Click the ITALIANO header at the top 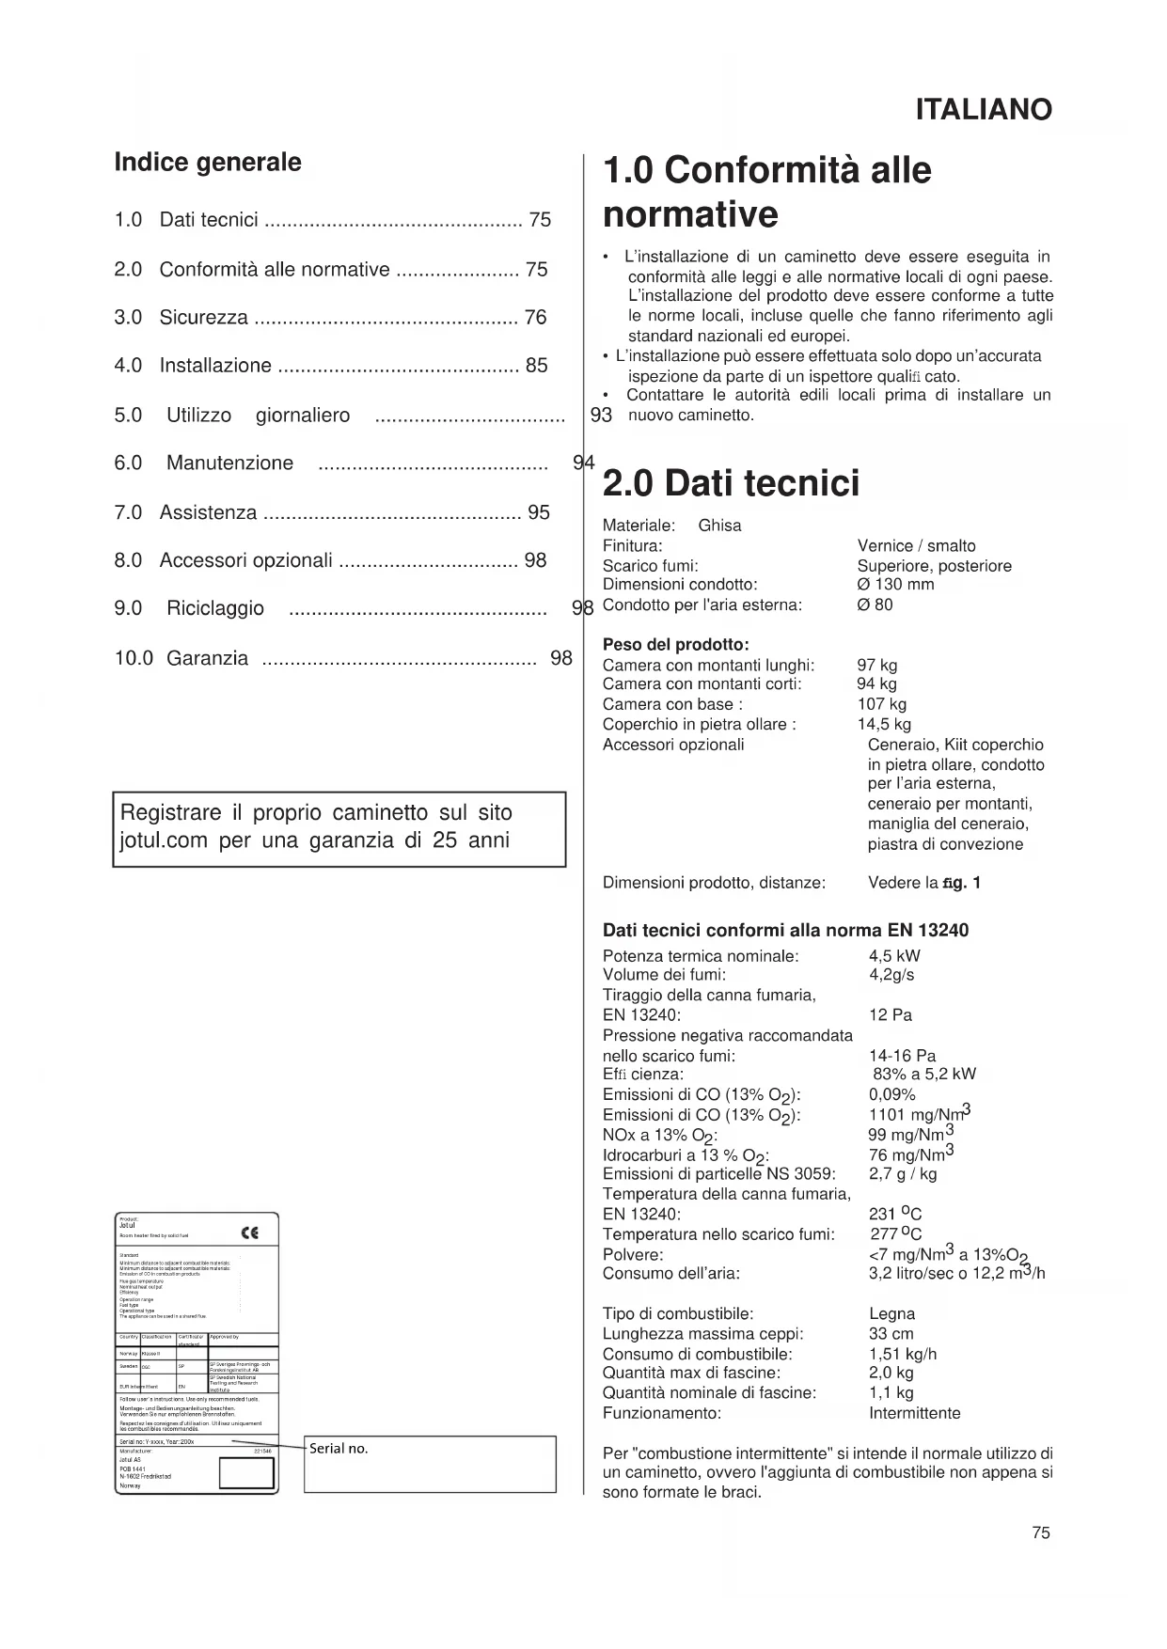pos(983,110)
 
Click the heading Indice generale pos(208,163)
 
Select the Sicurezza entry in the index pos(203,318)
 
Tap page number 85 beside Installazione pos(537,366)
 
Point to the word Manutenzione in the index pos(229,463)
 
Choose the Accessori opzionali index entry pos(245,560)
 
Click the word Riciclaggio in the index pos(215,608)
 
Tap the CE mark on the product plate pos(249,1233)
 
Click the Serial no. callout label pos(339,1449)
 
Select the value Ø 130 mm pos(895,585)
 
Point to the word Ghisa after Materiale pos(719,526)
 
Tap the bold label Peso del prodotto pos(675,645)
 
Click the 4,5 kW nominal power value pos(894,956)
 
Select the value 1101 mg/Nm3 pos(919,1115)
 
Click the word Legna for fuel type pos(891,1314)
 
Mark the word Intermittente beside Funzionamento pos(914,1413)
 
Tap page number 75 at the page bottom pos(1040,1532)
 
